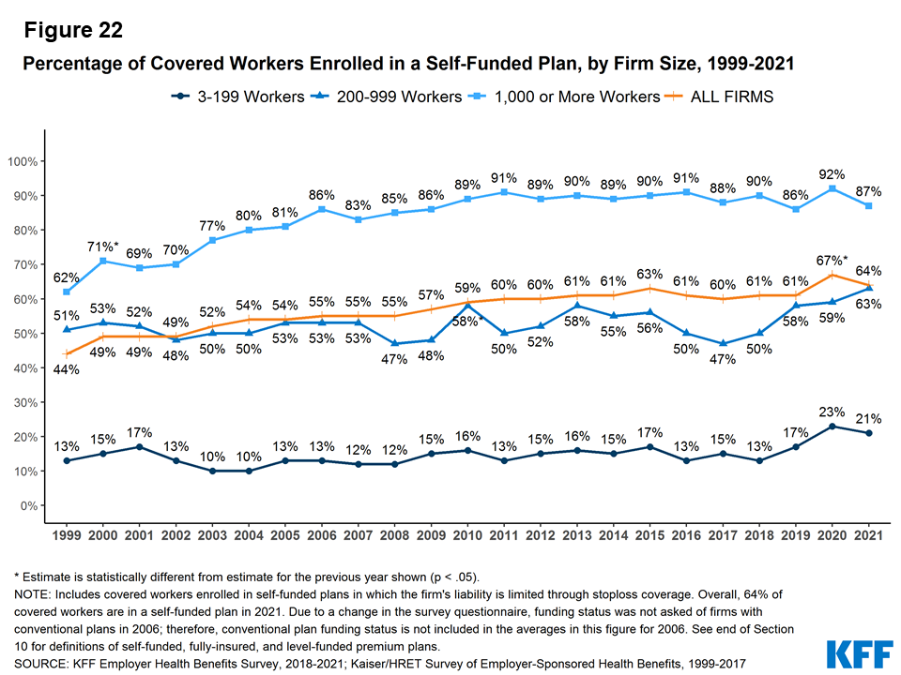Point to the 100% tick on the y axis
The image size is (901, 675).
(23, 161)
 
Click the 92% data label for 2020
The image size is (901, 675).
(832, 174)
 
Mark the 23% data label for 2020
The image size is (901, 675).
(832, 411)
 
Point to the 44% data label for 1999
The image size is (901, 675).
(66, 369)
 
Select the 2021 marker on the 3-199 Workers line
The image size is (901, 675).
(870, 433)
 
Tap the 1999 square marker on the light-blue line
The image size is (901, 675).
(66, 292)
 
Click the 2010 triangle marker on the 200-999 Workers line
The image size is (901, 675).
(467, 306)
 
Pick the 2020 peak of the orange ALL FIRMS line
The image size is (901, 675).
(831, 275)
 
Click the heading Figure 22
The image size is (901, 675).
(73, 30)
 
